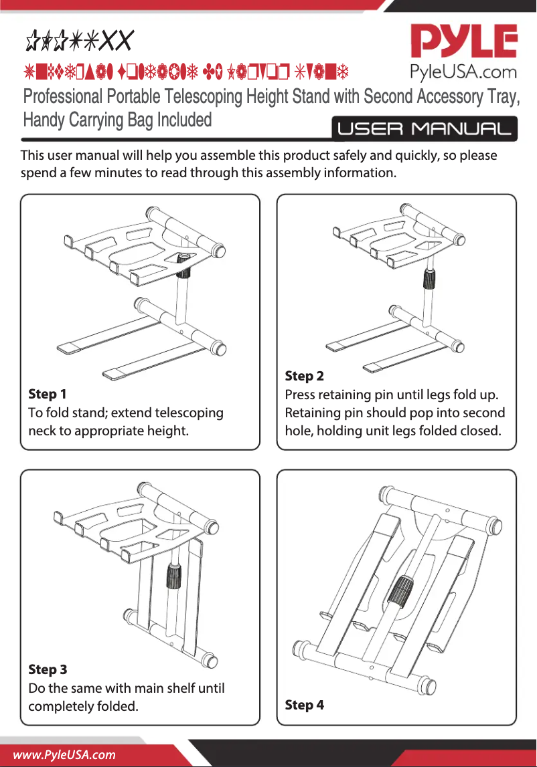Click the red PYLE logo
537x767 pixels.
(x=463, y=41)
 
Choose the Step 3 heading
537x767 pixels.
(x=47, y=669)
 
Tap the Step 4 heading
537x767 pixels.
(x=304, y=705)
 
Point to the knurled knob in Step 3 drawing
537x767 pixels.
(x=173, y=574)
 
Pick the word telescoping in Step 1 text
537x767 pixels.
(x=182, y=413)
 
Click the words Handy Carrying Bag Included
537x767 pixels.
(x=117, y=120)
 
